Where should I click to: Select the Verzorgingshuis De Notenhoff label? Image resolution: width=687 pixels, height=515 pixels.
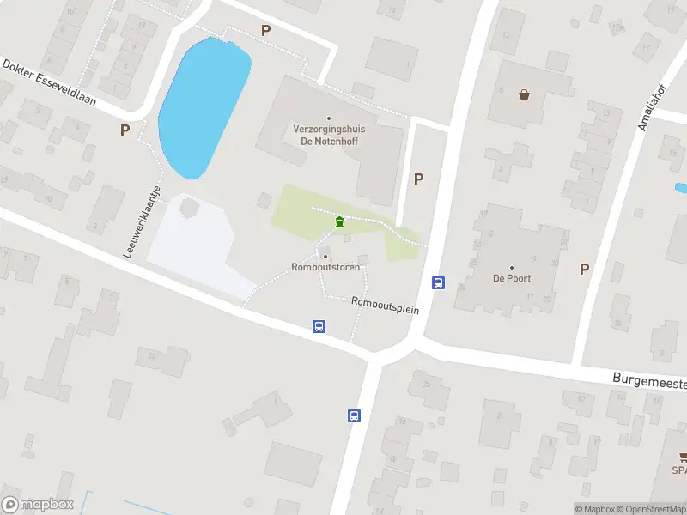click(329, 135)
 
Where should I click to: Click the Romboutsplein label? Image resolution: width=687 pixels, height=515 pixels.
click(385, 305)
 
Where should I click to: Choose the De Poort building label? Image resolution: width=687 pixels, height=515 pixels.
click(511, 278)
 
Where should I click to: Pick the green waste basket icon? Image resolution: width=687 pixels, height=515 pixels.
click(340, 223)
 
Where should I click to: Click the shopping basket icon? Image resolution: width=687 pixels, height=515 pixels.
click(524, 94)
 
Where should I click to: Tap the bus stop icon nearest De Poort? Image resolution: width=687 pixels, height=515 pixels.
click(438, 282)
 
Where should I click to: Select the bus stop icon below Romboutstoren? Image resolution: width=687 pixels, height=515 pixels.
click(319, 326)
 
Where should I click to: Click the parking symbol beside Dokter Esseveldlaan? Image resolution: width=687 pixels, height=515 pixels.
click(125, 130)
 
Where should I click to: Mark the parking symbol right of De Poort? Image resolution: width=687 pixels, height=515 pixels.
click(584, 269)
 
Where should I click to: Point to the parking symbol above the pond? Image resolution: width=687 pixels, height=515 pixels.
click(265, 30)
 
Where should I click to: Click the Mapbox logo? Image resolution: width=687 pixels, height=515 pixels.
click(37, 505)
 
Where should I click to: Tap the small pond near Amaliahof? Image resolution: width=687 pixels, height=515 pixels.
click(681, 187)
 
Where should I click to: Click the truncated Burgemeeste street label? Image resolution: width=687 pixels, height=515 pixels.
click(648, 379)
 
